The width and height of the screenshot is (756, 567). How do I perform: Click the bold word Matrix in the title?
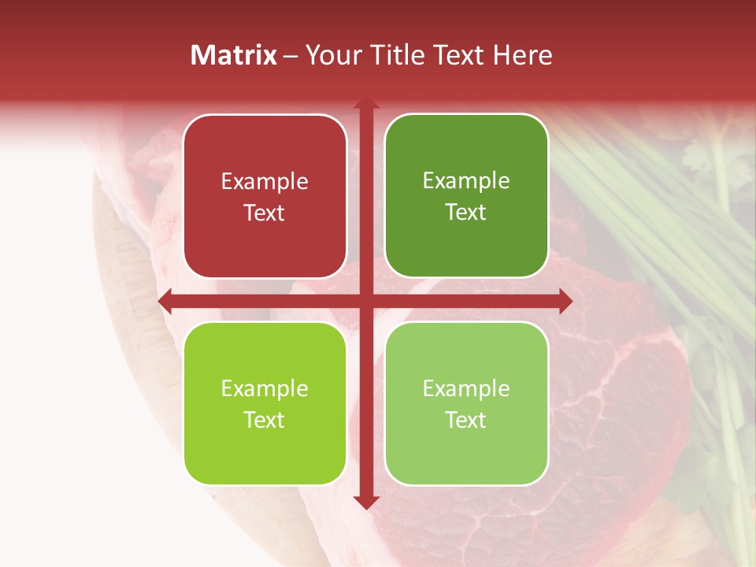pyautogui.click(x=233, y=55)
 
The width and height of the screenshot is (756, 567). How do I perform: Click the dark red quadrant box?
pyautogui.click(x=265, y=197)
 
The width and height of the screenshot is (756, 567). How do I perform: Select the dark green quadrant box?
pyautogui.click(x=466, y=197)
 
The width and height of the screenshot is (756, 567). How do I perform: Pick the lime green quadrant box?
pyautogui.click(x=265, y=403)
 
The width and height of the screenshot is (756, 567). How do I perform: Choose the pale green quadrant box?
pyautogui.click(x=466, y=403)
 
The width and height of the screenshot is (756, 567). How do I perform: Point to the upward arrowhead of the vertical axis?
pyautogui.click(x=365, y=104)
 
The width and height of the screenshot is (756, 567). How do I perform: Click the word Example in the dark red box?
pyautogui.click(x=265, y=182)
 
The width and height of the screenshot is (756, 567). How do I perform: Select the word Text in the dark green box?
pyautogui.click(x=466, y=212)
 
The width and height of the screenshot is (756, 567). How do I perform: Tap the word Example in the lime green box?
pyautogui.click(x=265, y=389)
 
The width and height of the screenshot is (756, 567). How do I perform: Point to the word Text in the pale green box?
pyautogui.click(x=466, y=420)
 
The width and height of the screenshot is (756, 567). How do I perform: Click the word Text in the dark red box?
pyautogui.click(x=265, y=213)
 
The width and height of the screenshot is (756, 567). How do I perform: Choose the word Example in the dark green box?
pyautogui.click(x=466, y=181)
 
